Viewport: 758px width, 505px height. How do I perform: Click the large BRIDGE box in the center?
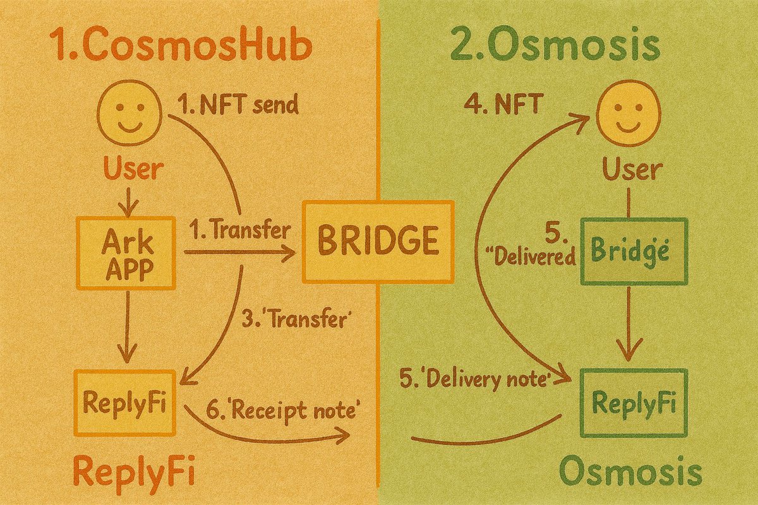(378, 241)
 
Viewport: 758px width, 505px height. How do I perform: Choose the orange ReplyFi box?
(124, 402)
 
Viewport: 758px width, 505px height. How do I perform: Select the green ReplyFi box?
(634, 403)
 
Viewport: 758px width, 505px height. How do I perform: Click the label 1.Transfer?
(239, 231)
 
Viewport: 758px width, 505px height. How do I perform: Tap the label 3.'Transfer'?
(296, 319)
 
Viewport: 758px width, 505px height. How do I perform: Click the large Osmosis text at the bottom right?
(630, 472)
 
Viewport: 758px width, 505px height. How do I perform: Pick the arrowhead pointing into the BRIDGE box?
(290, 254)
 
